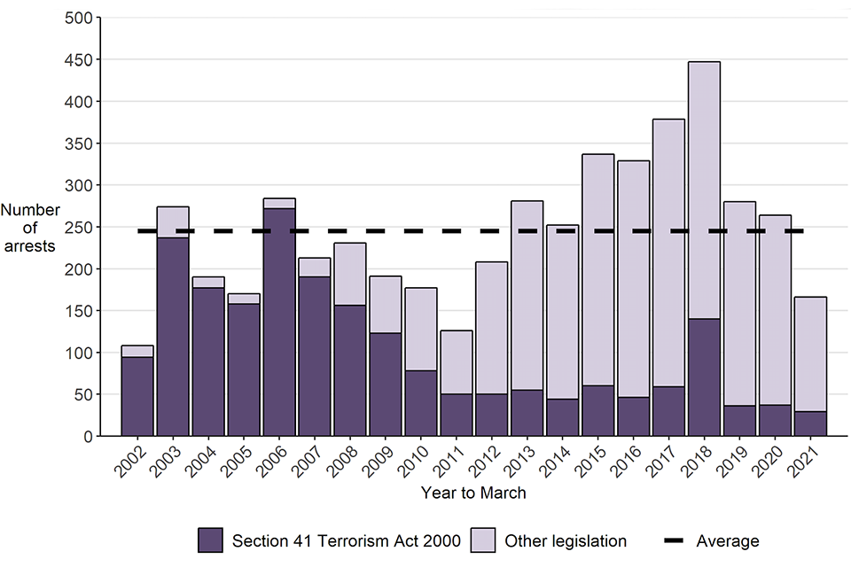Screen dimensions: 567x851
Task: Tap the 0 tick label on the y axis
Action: [x=86, y=437]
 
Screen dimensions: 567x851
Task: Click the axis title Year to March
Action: [x=473, y=493]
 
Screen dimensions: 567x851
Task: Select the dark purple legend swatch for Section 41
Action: [x=210, y=540]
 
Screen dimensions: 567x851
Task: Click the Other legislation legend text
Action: [x=565, y=541]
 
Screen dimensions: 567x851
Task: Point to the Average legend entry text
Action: [x=728, y=541]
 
